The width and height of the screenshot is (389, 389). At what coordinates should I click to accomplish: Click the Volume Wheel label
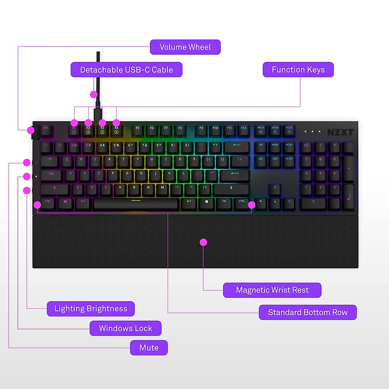point(185,47)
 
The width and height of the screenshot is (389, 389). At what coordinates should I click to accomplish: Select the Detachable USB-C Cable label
point(126,70)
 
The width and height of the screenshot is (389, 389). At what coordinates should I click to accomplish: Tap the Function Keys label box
point(298,70)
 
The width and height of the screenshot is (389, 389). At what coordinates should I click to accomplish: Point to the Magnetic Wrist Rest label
point(272,290)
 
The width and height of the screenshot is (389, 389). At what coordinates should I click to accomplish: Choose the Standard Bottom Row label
point(308,312)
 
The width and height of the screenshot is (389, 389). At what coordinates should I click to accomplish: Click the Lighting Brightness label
point(91,309)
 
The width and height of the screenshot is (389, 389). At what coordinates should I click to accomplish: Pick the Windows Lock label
point(125,328)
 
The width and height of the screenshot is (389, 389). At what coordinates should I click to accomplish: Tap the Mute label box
point(149,348)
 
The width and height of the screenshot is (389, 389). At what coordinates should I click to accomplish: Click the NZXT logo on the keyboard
point(340,132)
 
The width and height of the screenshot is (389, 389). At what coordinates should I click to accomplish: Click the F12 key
point(243,129)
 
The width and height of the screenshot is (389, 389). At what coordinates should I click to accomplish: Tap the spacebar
point(136,204)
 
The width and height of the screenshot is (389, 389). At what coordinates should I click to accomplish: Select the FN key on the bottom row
point(224,203)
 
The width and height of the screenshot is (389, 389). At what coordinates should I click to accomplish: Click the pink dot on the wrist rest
point(203,242)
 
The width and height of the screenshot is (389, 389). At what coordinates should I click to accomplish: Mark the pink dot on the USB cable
point(94,94)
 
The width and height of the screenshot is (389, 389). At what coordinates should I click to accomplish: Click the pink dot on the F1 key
point(74,123)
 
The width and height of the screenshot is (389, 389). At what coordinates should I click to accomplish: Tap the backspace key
point(236,147)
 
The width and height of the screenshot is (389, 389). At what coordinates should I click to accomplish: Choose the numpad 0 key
point(313,203)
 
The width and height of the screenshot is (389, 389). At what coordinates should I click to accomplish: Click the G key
point(127,175)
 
